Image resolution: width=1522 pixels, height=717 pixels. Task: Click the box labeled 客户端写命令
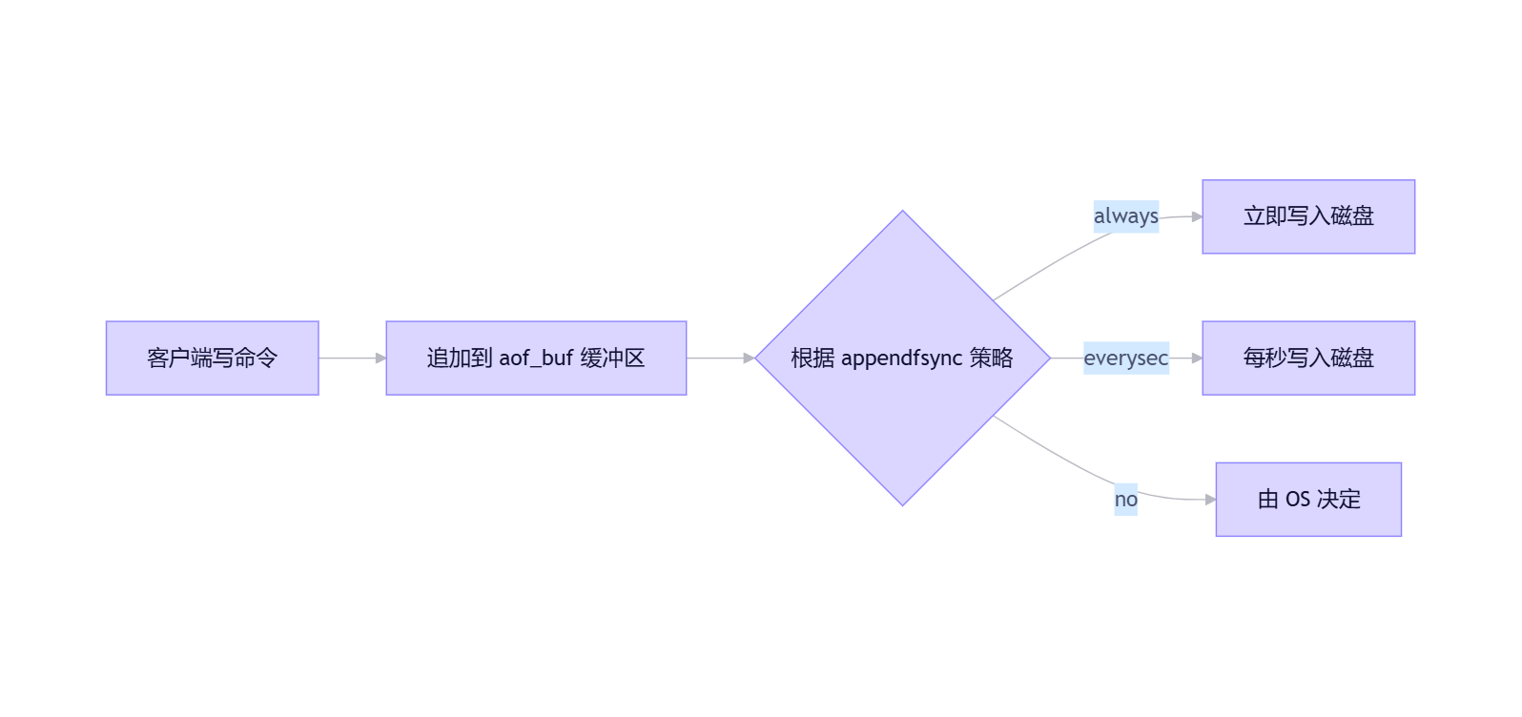pyautogui.click(x=212, y=358)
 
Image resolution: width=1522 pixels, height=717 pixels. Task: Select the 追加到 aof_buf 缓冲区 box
pyautogui.click(x=536, y=358)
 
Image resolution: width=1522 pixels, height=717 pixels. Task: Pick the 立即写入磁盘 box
pyautogui.click(x=1308, y=216)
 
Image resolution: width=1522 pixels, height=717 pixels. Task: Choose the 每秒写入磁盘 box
pyautogui.click(x=1308, y=358)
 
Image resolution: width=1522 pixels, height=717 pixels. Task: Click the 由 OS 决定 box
pyautogui.click(x=1308, y=499)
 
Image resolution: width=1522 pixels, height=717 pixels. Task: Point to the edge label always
pyautogui.click(x=1125, y=216)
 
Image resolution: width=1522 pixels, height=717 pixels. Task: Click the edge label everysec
pyautogui.click(x=1125, y=358)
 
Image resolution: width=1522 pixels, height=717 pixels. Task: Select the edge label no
pyautogui.click(x=1125, y=500)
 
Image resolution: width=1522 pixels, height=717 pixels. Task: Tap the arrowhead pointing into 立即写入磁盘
pyautogui.click(x=1197, y=217)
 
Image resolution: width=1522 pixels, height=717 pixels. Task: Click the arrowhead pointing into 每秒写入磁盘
pyautogui.click(x=1197, y=358)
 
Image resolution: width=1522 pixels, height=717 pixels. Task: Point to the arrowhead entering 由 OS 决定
pyautogui.click(x=1210, y=500)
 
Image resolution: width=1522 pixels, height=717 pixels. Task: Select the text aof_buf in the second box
pyautogui.click(x=536, y=358)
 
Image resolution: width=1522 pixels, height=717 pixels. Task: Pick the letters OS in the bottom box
pyautogui.click(x=1298, y=500)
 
